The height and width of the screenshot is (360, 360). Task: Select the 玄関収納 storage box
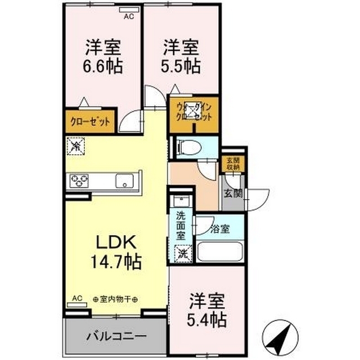pos(232,164)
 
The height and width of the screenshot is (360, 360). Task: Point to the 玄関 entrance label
pos(234,193)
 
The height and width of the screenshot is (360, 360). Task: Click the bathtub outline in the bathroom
pos(220,251)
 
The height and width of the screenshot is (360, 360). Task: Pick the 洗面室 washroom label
pos(181,225)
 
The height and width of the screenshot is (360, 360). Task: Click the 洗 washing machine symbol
pos(182,254)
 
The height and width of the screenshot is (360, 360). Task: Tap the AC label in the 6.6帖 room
pos(129,16)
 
